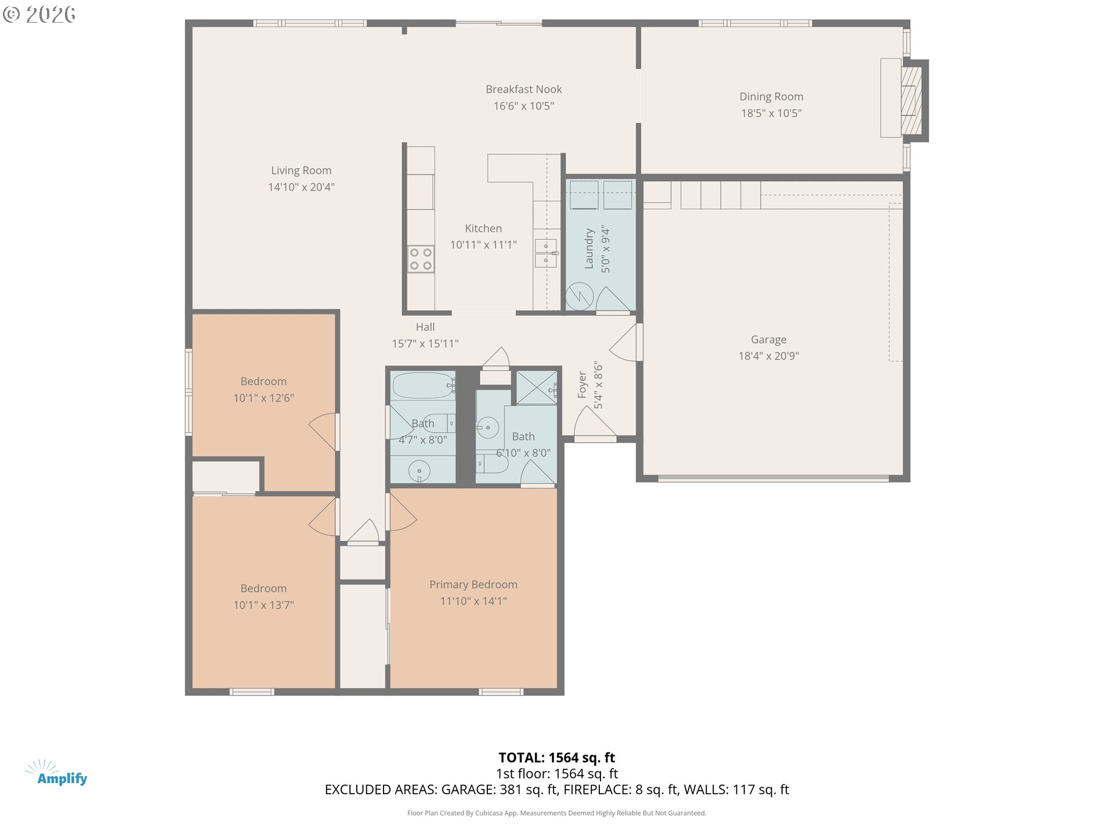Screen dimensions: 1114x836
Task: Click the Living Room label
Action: tap(301, 170)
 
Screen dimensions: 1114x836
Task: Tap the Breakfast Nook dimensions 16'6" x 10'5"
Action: tap(523, 106)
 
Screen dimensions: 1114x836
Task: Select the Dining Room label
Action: tap(771, 96)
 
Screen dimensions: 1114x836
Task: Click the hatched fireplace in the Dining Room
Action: tap(911, 100)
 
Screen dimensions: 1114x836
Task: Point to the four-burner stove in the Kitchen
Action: tap(421, 259)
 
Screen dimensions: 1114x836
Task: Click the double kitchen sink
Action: tap(545, 253)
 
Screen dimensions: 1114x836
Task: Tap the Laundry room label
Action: tap(589, 248)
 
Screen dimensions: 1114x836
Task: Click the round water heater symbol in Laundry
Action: tap(580, 296)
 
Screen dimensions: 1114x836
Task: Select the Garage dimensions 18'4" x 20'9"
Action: tap(768, 356)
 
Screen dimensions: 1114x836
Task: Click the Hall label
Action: tap(425, 327)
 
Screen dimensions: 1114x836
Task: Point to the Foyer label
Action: tap(582, 385)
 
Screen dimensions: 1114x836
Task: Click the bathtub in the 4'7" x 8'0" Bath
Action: tap(423, 385)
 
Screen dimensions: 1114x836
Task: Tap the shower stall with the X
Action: tap(537, 387)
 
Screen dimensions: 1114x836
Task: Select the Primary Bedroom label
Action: tap(473, 585)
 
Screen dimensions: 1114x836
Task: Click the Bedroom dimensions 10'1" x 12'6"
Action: tap(263, 398)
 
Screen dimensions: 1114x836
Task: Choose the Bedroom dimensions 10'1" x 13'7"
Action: tap(263, 605)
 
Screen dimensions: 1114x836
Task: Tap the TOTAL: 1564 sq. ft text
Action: tap(556, 758)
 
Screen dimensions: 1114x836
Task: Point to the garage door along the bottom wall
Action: tap(773, 479)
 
